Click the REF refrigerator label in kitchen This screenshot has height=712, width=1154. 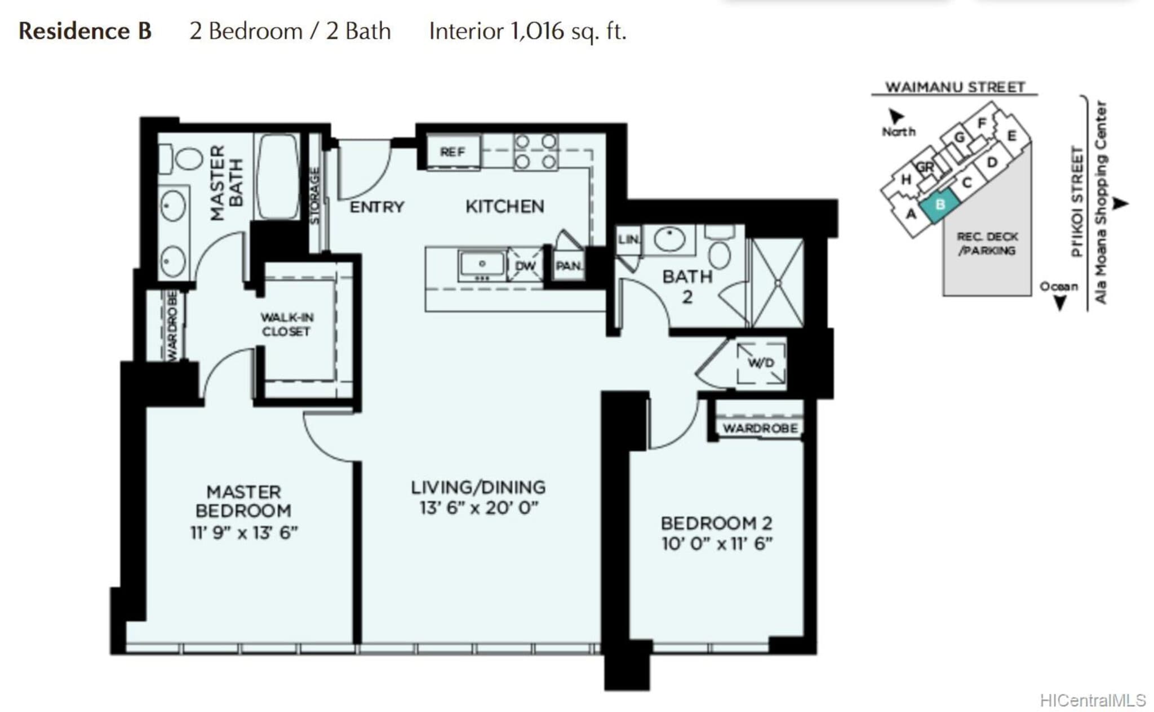click(452, 152)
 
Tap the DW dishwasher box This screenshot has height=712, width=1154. click(525, 265)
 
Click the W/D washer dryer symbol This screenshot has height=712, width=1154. click(761, 363)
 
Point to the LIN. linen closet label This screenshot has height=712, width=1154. click(629, 239)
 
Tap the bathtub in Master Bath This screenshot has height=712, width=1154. click(277, 176)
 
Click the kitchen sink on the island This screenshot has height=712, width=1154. click(482, 265)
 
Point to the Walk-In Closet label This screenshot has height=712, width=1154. click(287, 324)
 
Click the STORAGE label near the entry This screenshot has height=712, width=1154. click(315, 195)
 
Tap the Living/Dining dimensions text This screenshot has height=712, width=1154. click(479, 508)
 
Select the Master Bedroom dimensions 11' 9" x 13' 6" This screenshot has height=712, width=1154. click(244, 532)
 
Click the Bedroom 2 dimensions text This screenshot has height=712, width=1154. click(717, 544)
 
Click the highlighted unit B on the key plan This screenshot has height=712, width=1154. click(939, 205)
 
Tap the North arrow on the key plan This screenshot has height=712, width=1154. click(896, 116)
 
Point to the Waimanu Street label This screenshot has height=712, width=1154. click(955, 87)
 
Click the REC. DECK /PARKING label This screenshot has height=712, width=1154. click(987, 243)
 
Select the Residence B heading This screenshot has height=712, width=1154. click(85, 31)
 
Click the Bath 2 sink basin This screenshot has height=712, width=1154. click(669, 239)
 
